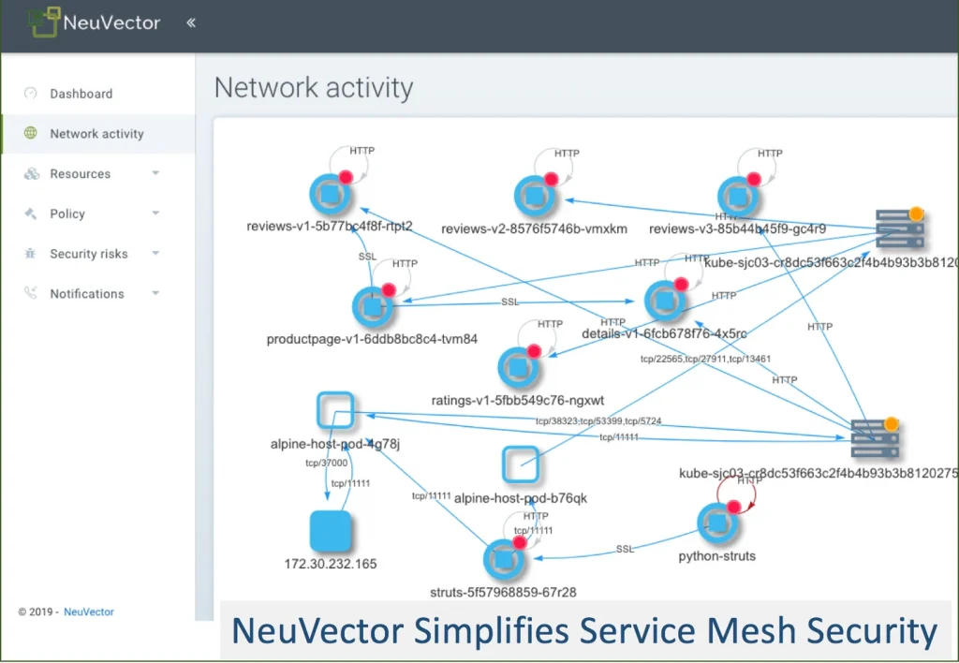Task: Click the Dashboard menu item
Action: pos(81,94)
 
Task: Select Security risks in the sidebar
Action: pos(88,254)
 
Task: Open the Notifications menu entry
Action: pos(86,294)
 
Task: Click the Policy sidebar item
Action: pos(67,214)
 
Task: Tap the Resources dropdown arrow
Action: pos(155,174)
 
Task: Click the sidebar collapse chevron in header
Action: pos(191,22)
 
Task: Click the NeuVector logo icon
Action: pos(43,22)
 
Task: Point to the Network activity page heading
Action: pos(314,88)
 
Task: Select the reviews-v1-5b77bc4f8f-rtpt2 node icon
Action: pos(330,194)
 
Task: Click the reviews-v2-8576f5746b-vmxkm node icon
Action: pos(535,196)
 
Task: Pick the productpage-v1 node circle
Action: pos(373,307)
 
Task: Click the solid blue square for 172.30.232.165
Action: pos(331,530)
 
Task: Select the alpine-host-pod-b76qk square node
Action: pos(521,464)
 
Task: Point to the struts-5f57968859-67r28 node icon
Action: pos(503,559)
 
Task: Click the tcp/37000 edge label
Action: pos(327,463)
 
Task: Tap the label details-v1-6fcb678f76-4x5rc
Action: pos(664,333)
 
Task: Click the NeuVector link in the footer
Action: pos(89,611)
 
